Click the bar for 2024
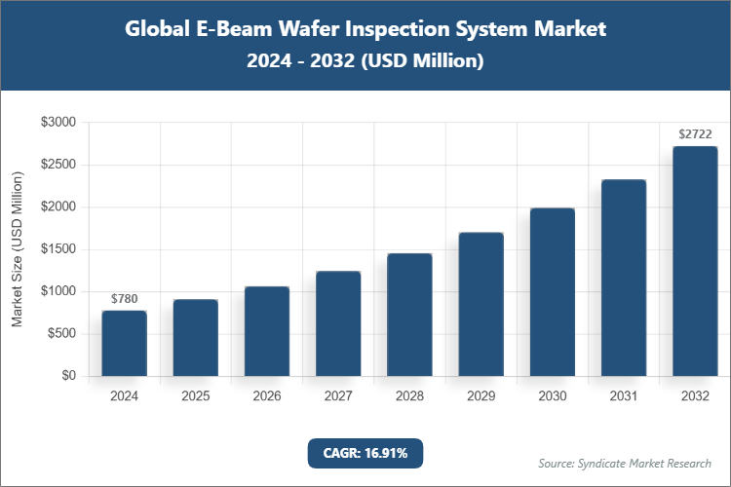point(124,343)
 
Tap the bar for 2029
point(481,304)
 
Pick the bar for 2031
point(624,278)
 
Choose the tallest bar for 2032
point(695,261)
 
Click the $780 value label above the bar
point(124,298)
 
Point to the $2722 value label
point(695,133)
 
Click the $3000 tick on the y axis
point(58,123)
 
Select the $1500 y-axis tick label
point(58,249)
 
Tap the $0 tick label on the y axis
point(69,376)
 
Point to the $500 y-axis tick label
point(62,334)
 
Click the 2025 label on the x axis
point(195,396)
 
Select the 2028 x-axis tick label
point(409,396)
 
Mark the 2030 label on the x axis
point(552,396)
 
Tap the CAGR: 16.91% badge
point(365,453)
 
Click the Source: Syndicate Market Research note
point(624,463)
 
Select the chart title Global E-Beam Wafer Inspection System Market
point(365,29)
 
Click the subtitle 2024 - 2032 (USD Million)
point(365,61)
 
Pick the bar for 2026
point(266,331)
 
